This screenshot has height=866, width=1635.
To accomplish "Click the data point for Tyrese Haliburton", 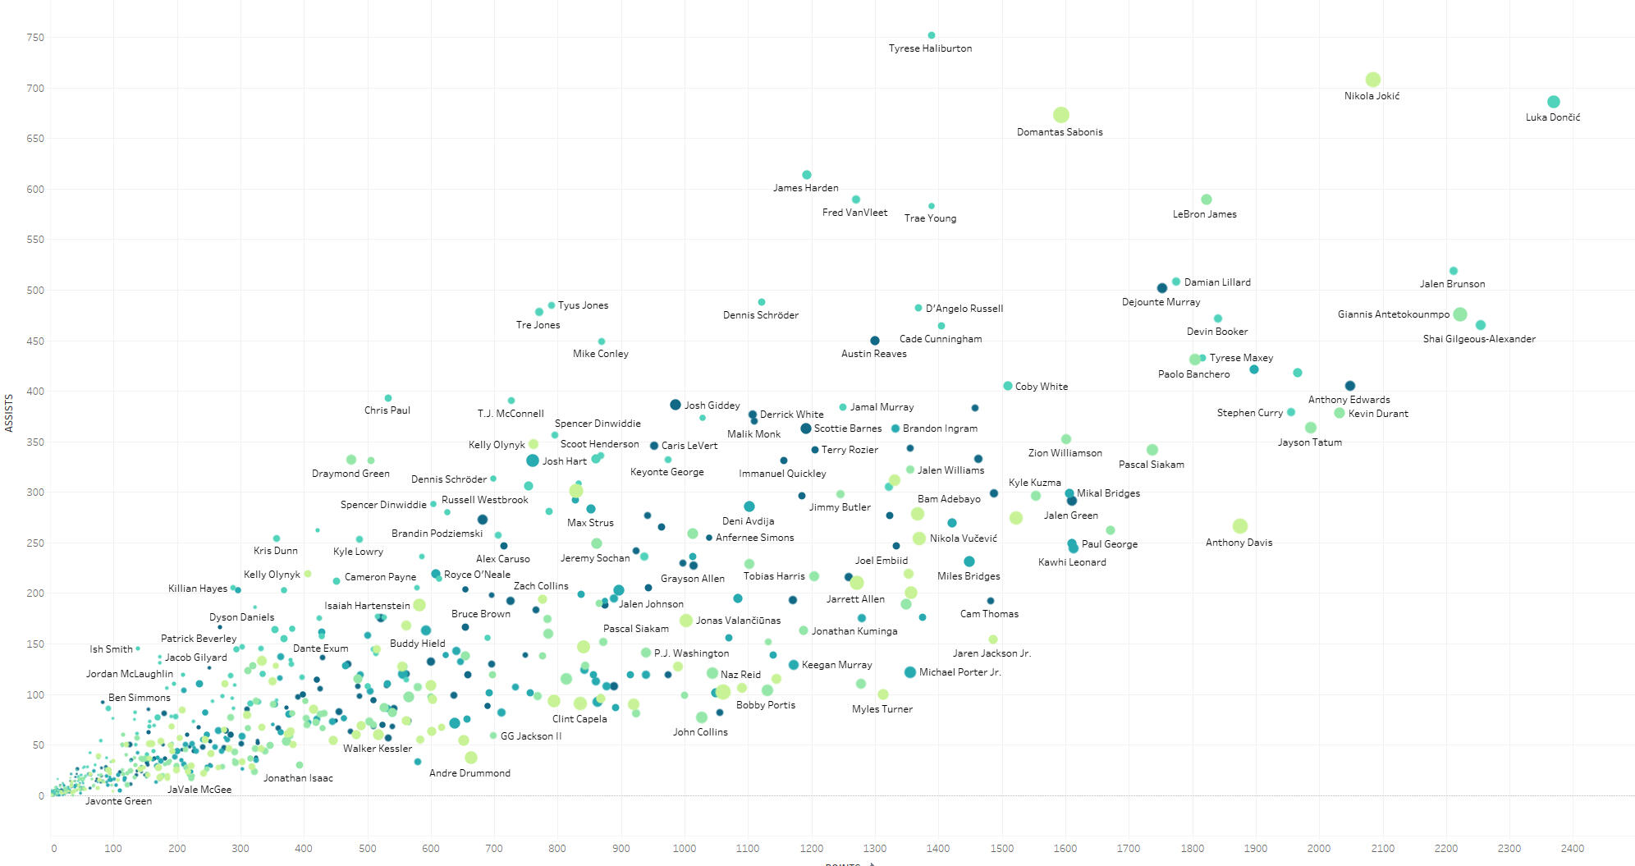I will coord(932,35).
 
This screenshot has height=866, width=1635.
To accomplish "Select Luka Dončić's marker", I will coord(1553,102).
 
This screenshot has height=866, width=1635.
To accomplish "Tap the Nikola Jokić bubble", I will coord(1372,80).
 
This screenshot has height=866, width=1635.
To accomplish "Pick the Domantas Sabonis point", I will coord(1060,115).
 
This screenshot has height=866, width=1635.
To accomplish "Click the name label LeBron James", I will coord(1204,214).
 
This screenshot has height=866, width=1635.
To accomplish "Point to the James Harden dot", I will coord(807,175).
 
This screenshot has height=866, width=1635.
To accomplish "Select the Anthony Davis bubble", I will coord(1239,526).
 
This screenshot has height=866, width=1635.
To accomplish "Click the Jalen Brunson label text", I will coord(1452,284).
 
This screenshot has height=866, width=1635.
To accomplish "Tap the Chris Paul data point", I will coord(388,398).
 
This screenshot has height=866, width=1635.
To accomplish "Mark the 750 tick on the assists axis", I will coord(35,38).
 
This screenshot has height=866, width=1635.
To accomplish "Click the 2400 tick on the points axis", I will coord(1573,848).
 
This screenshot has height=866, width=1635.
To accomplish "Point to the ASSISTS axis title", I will coord(9,413).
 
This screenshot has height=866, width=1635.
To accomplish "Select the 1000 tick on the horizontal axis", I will coord(684,848).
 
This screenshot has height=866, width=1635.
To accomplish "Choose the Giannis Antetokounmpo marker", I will coord(1459,314).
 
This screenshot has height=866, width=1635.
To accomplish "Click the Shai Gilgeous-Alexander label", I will coord(1479,339).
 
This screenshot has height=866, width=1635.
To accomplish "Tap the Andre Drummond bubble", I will coord(470,758).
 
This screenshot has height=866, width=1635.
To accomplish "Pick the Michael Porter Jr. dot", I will coord(909,672).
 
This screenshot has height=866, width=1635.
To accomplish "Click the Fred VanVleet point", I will coord(856,199).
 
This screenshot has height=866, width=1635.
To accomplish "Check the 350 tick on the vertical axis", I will coord(35,442).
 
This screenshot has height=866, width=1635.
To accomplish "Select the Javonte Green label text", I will coord(118,801).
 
